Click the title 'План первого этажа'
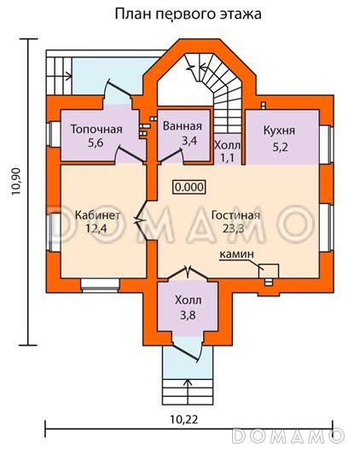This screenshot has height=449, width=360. point(188,14)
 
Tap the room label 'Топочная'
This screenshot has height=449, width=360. point(96,129)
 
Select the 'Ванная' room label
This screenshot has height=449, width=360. point(183,126)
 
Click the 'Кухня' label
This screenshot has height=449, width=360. point(279,131)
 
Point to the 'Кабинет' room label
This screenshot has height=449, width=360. point(97,215)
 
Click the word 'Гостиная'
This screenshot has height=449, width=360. point(235,215)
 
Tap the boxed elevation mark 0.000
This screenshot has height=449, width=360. point(189,187)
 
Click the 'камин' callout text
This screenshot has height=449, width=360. point(236,254)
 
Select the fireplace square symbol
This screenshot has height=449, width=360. point(269,271)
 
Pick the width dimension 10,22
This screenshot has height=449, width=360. point(184,420)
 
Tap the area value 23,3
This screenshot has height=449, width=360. point(234,229)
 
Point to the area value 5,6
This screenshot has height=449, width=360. point(96,143)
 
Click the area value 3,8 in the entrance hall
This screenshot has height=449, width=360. point(188,315)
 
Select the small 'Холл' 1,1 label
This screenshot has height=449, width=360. point(228,152)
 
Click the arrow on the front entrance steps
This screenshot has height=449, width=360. point(188,391)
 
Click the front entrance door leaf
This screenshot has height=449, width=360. point(186,353)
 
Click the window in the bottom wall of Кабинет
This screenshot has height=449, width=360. point(100,285)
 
